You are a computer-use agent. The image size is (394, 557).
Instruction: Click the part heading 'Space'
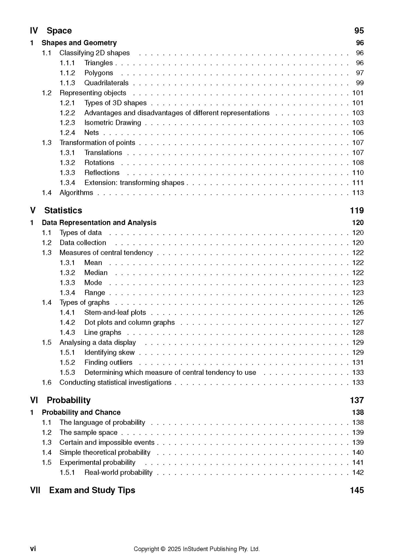point(59,31)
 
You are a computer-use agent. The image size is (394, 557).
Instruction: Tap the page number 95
point(359,31)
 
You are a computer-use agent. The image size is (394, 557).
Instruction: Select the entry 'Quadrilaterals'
point(106,83)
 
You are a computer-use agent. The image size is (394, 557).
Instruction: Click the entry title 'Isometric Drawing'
point(113,123)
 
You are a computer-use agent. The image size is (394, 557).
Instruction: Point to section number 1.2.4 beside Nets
point(67,133)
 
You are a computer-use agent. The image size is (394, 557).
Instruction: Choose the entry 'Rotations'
point(99,163)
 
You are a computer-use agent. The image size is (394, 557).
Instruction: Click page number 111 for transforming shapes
point(358,183)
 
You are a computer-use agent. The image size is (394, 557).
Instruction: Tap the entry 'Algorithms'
point(76,193)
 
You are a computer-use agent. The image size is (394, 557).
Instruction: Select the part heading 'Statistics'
point(63,210)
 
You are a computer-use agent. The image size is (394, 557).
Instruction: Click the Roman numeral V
point(33,210)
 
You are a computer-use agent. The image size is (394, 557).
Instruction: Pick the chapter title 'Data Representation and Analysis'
point(99,223)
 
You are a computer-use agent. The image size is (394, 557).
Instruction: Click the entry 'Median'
point(96,273)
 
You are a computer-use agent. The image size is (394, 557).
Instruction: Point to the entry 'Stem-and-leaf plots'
point(115,312)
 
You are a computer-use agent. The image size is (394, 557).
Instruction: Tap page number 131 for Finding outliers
point(358,362)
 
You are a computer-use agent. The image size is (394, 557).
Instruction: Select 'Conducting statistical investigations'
point(115,383)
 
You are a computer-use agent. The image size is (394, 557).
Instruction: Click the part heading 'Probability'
point(68,400)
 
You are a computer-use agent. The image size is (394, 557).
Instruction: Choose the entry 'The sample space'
point(89,432)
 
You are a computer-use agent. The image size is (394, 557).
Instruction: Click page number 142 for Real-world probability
point(358,472)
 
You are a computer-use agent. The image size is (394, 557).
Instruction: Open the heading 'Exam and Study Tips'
point(92,490)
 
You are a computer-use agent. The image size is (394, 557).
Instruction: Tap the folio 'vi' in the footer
point(33,549)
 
